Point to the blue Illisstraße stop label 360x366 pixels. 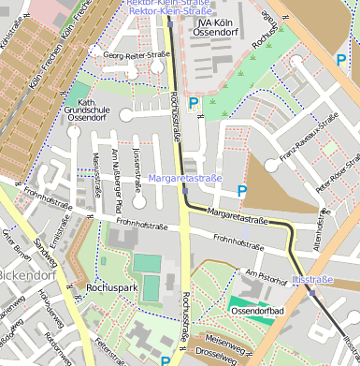pyautogui.click(x=312, y=279)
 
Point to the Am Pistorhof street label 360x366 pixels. pyautogui.click(x=263, y=275)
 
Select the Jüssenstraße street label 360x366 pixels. pyautogui.click(x=136, y=165)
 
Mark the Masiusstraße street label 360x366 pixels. pyautogui.click(x=96, y=177)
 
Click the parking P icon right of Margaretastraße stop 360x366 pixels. pyautogui.click(x=242, y=192)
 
